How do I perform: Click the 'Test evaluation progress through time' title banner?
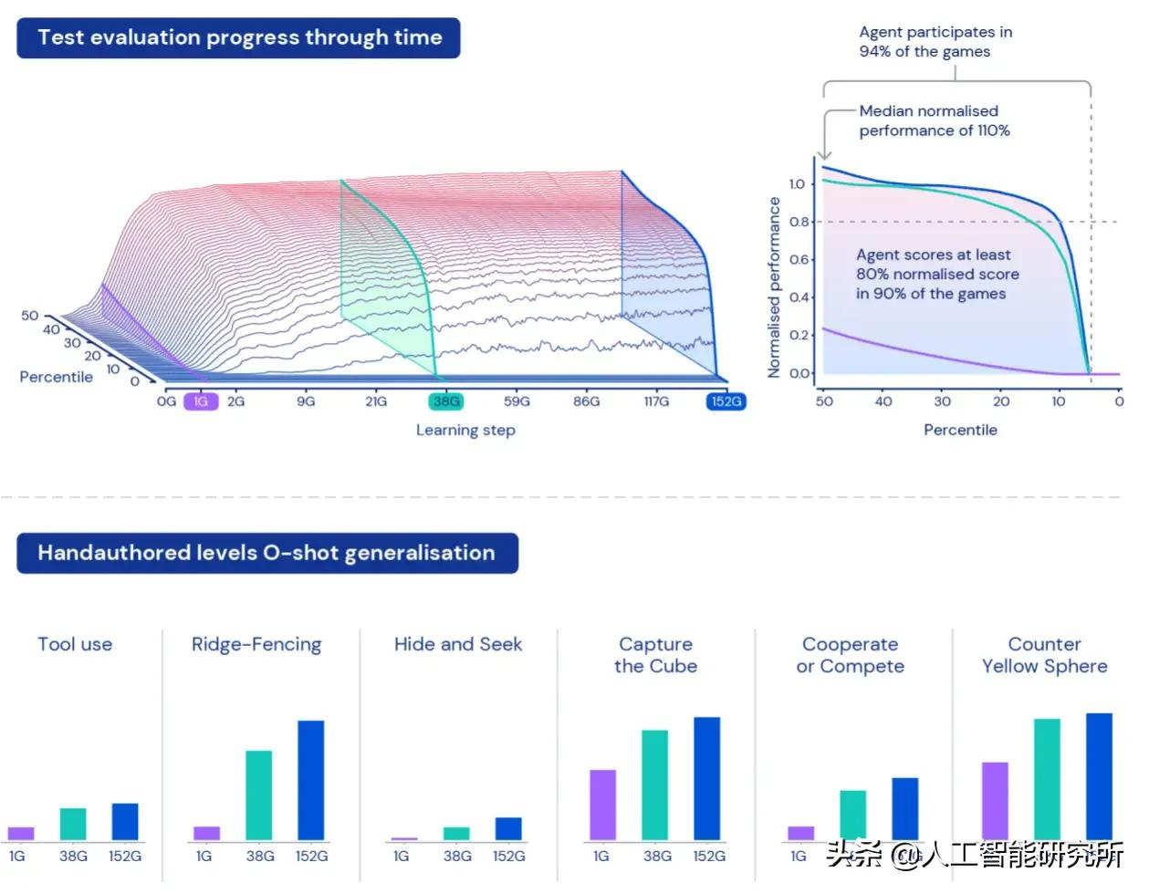(238, 38)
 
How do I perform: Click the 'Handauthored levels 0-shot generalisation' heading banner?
(266, 554)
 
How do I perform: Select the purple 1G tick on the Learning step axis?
(201, 401)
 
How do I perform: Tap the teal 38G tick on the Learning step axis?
(446, 401)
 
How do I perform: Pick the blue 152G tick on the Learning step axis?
(726, 401)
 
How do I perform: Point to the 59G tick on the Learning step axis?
(517, 401)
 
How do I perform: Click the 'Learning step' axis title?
(465, 430)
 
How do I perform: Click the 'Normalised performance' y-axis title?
(775, 287)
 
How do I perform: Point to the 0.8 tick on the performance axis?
(799, 222)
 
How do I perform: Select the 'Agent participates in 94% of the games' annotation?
(935, 42)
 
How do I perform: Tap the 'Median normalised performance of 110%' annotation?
(934, 120)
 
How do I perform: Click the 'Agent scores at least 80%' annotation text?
(937, 275)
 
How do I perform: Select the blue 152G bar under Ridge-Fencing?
(311, 780)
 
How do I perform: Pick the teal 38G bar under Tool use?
(73, 824)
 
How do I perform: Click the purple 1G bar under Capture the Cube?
(602, 805)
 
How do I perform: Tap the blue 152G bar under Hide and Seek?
(508, 828)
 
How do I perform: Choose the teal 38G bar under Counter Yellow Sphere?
(1047, 779)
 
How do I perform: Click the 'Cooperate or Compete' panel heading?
(850, 655)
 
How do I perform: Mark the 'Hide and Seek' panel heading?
(458, 644)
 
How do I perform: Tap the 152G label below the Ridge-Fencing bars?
(311, 857)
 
